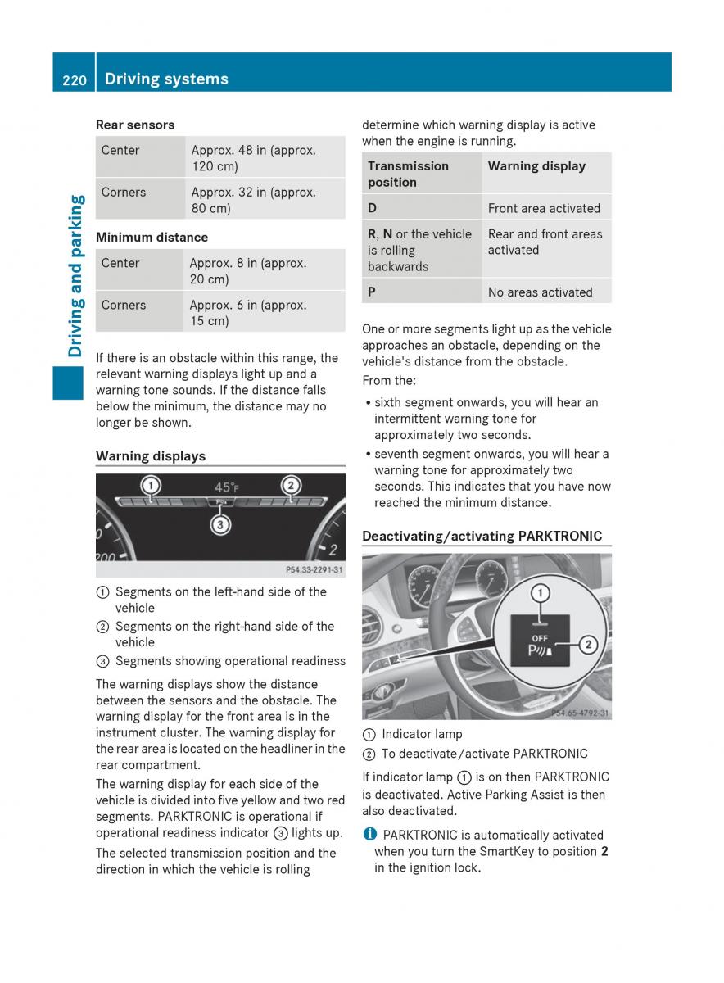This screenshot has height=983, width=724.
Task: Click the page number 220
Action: (x=74, y=79)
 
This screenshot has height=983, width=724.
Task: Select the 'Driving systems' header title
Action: (x=166, y=79)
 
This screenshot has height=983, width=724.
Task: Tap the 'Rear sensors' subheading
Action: (x=135, y=125)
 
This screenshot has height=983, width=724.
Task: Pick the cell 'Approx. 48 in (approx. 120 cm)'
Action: (x=253, y=158)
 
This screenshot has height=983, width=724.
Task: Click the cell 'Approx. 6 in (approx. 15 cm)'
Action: (x=248, y=313)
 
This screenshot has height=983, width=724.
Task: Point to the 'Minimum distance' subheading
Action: (x=152, y=237)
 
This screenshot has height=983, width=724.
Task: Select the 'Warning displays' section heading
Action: (x=151, y=456)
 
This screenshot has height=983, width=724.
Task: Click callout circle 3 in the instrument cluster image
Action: (x=219, y=525)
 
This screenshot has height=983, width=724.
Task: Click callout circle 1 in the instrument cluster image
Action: (x=151, y=486)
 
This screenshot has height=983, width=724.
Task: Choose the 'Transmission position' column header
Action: (x=408, y=174)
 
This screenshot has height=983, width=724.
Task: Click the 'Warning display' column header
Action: (x=536, y=166)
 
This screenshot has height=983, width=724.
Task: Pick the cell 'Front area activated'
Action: (x=544, y=208)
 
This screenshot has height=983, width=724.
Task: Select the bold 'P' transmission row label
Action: (x=373, y=292)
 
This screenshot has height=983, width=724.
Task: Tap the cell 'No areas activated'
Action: (x=540, y=292)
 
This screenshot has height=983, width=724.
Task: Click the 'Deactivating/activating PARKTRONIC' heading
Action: (x=482, y=537)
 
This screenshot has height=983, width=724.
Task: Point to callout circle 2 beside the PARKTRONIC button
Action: (x=587, y=646)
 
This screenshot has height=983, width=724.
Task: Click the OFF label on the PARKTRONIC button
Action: (x=541, y=637)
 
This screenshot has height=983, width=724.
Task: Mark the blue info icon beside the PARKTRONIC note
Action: (x=369, y=835)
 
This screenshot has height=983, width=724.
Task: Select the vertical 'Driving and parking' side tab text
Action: (x=76, y=276)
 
